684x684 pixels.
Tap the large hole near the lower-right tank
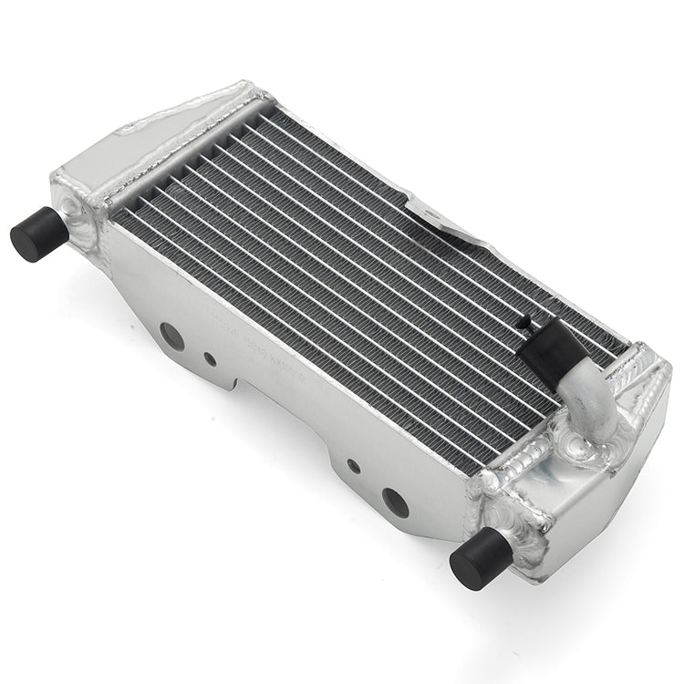(x=395, y=502)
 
